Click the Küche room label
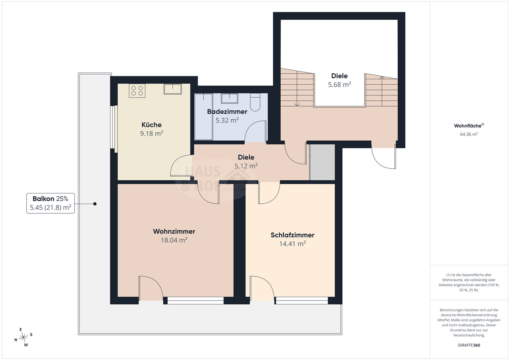coord(151,125)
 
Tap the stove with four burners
coord(137,91)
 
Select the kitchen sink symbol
coord(172,89)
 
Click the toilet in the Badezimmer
coord(255,102)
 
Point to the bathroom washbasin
coord(229,98)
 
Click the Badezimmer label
coord(227,111)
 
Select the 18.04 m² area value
coord(174,240)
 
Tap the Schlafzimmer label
coord(292,235)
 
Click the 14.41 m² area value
coord(292,244)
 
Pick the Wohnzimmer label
coord(174,231)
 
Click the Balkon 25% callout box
coord(51,203)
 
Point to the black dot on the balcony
coord(95,204)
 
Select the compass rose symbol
coord(23,337)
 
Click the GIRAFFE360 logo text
coord(469,345)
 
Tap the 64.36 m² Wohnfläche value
coord(469,134)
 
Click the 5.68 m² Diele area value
coord(339,85)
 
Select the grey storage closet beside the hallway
coord(322,162)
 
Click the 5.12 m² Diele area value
coord(246,166)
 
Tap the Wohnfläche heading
coord(469,126)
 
